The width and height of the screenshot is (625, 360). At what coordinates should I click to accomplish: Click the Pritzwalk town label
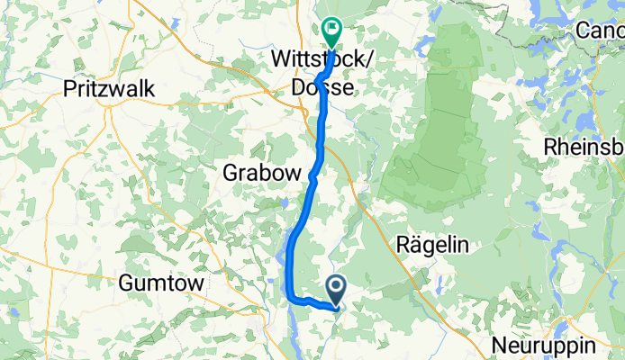(111, 88)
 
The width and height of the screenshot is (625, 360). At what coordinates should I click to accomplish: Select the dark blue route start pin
(337, 288)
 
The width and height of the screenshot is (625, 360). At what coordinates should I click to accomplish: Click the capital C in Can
(584, 31)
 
